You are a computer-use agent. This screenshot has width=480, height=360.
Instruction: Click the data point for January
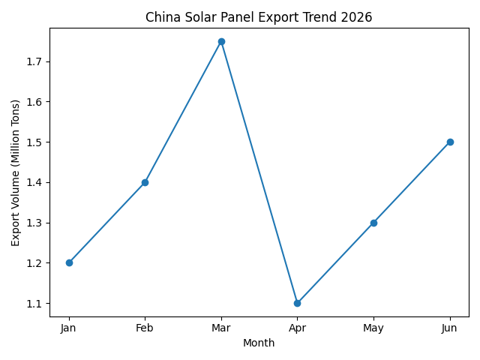(69, 262)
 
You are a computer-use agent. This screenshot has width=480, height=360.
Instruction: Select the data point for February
(145, 182)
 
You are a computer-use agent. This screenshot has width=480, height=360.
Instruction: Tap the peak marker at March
(221, 41)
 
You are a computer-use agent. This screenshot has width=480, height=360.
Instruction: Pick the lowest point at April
(297, 303)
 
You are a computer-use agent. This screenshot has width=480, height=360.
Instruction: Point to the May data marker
(373, 223)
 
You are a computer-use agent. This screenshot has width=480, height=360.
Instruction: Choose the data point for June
(450, 142)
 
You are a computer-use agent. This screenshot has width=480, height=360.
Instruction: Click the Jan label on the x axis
(69, 328)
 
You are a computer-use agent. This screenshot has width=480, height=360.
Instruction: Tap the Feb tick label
(145, 328)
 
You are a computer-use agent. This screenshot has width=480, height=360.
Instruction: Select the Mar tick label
(221, 328)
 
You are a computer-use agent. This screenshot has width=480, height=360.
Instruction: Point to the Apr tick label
(297, 328)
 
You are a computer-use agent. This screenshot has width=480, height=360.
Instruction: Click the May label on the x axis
(373, 328)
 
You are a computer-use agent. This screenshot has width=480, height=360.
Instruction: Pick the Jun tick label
(450, 328)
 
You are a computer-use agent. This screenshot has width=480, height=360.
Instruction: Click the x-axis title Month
(259, 343)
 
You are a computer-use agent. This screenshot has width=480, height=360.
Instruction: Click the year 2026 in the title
(357, 17)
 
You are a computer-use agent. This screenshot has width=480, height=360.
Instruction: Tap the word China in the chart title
(161, 17)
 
